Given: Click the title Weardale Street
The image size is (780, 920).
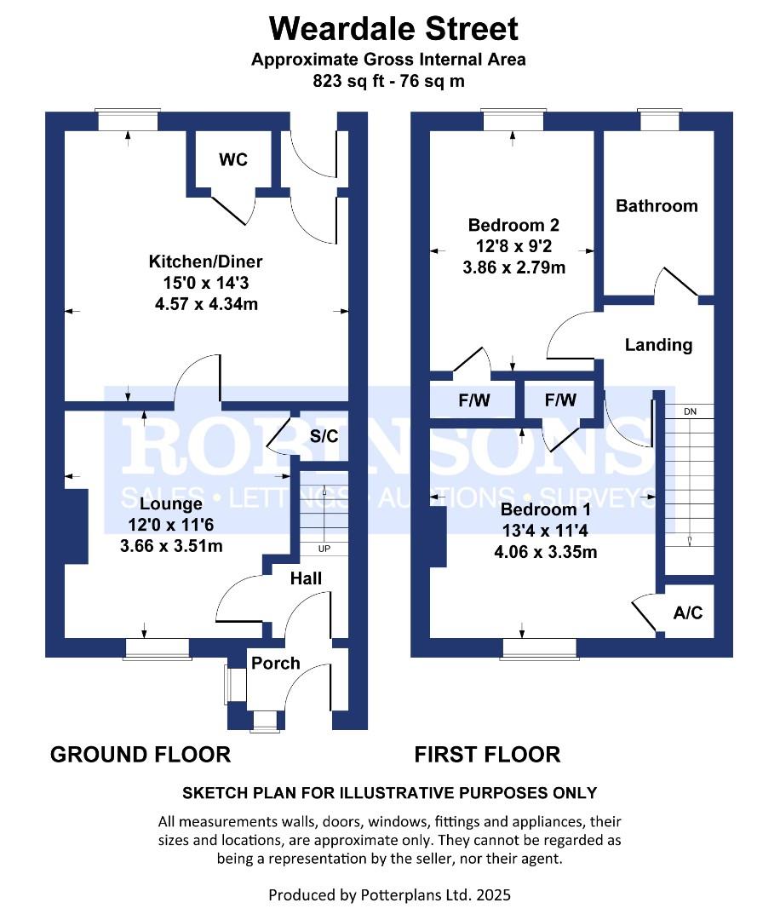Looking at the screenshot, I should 393,29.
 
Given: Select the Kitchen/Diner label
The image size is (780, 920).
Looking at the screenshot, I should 206,262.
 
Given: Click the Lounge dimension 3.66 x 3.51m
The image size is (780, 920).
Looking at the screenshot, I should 172,546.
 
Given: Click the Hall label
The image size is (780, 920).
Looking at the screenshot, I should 306,578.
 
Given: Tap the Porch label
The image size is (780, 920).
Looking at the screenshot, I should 276,663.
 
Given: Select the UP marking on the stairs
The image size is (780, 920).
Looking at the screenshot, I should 324,548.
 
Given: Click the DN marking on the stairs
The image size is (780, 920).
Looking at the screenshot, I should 690,412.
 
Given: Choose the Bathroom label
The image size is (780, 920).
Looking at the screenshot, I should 657,205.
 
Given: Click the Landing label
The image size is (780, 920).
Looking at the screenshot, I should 658,345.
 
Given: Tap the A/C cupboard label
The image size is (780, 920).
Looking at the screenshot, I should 688,612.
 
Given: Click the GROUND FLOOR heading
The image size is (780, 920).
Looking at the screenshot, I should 141,754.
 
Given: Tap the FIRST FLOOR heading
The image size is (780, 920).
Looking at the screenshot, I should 487,754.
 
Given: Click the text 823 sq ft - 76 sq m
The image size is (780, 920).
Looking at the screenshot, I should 387,82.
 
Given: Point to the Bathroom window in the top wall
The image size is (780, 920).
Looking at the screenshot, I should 661,121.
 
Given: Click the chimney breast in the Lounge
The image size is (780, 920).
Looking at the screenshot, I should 77,526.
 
